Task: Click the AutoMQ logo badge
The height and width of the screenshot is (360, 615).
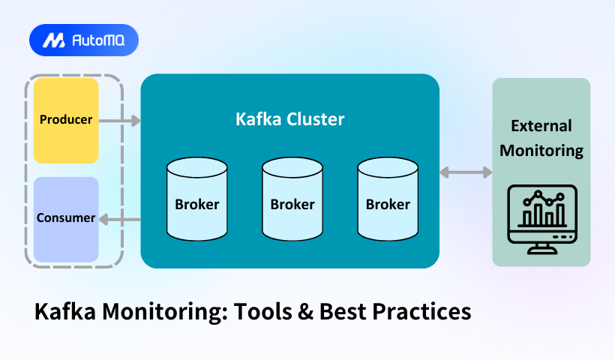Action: (84, 40)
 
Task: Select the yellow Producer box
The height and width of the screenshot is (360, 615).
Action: (66, 120)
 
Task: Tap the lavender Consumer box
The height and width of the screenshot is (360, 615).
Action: (66, 219)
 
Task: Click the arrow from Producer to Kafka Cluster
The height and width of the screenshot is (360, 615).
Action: (120, 120)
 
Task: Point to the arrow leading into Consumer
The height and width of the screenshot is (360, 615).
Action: (120, 219)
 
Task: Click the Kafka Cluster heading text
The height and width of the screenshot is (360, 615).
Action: (290, 118)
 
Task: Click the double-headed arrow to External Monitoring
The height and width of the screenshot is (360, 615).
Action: (466, 172)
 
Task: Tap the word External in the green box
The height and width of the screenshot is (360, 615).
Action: (541, 126)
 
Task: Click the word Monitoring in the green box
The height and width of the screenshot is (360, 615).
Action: (541, 150)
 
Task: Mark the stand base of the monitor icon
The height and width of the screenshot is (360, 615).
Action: (541, 250)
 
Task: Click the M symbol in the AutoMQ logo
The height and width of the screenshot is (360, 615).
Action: (53, 40)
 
